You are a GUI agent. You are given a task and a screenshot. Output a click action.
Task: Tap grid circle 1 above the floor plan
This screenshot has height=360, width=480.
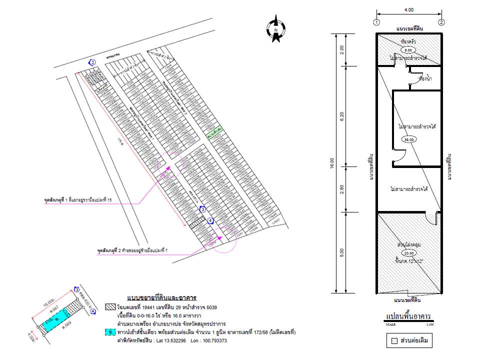(376, 22)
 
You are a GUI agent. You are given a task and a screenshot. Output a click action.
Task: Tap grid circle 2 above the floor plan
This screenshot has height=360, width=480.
(441, 22)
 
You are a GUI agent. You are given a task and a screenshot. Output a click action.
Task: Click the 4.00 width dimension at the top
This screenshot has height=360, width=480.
(408, 9)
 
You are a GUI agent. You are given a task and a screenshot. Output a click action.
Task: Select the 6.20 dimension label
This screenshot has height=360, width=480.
(342, 116)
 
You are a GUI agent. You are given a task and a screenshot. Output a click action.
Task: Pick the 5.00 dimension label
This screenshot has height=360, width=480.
(342, 252)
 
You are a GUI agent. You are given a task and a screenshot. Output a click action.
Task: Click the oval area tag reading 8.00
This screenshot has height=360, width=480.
(408, 50)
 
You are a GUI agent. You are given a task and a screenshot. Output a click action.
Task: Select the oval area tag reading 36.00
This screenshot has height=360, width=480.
(409, 139)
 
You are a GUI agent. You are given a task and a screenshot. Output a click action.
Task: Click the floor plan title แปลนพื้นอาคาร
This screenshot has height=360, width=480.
(408, 316)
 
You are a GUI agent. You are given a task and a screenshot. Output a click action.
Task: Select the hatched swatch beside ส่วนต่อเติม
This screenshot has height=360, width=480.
(394, 341)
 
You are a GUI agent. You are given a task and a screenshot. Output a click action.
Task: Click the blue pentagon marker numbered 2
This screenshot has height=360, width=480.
(91, 62)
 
